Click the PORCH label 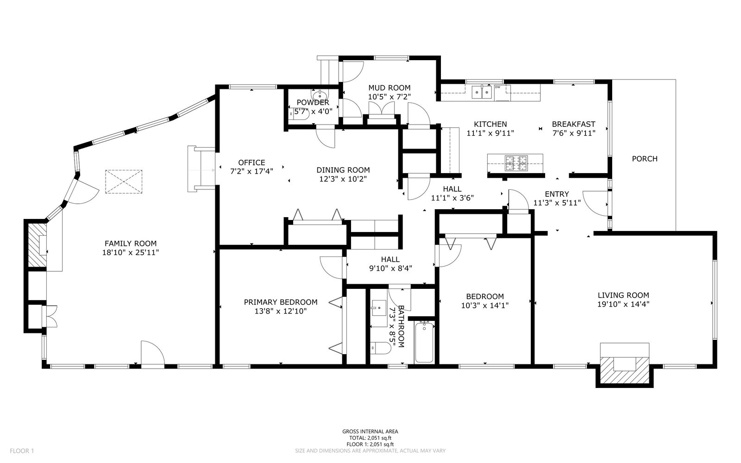pos(645,159)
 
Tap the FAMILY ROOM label pos(131,244)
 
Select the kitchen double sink pos(482,92)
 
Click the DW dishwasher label pos(497,88)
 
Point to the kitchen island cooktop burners pos(516,163)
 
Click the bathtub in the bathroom pos(424,342)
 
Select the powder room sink pos(320,94)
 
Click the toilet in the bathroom pos(381,348)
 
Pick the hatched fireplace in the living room pos(625,370)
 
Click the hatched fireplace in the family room pos(37,245)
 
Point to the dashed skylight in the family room pos(124,181)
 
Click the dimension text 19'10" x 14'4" pos(623,304)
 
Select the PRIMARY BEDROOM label pos(281,302)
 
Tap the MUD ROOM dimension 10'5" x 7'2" pos(389,97)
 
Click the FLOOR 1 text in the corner pos(22,451)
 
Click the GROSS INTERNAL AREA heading pos(370,432)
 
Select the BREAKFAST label pos(574,125)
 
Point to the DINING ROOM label pos(343,170)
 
